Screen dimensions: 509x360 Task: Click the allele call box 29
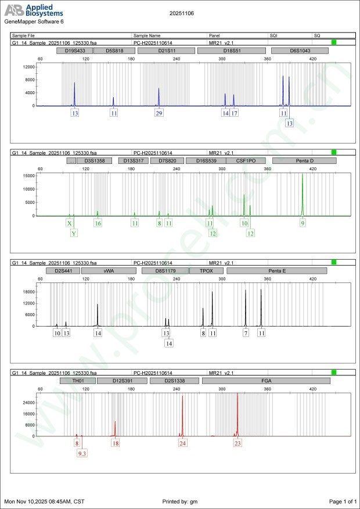[x=159, y=113]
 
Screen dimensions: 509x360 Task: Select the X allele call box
[x=70, y=223]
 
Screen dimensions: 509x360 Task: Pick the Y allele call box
[x=74, y=233]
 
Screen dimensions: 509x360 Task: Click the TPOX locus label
[x=206, y=270]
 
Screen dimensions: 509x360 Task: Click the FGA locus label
[x=266, y=380]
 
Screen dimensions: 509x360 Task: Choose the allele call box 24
[x=183, y=443]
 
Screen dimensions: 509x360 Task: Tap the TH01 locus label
[x=77, y=380]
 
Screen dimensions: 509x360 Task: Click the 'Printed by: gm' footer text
[x=181, y=501]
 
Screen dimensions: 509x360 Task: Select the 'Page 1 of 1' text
[x=342, y=501]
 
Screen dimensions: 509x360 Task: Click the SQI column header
[x=273, y=35]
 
